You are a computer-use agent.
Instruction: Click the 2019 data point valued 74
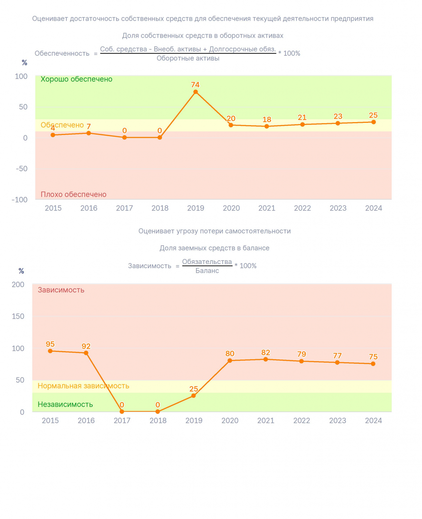[195, 92]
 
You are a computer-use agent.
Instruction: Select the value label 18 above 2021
[267, 119]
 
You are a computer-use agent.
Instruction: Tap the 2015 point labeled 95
[50, 351]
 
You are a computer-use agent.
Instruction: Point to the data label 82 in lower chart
[265, 352]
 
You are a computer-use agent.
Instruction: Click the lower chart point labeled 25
[193, 395]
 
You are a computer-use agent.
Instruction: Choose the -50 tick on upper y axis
[22, 169]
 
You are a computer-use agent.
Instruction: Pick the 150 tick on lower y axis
[18, 316]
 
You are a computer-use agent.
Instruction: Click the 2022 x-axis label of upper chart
[302, 208]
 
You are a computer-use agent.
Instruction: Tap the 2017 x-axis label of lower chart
[122, 420]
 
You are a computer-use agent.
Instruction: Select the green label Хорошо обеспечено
[76, 79]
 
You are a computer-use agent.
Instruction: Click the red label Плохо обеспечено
[74, 194]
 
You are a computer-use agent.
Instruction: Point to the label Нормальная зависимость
[83, 386]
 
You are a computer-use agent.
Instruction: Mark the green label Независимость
[65, 404]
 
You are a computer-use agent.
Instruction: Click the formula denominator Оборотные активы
[188, 58]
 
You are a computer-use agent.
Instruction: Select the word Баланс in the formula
[207, 271]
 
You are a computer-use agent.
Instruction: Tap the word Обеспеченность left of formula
[62, 53]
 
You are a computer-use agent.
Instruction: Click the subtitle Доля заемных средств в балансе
[214, 248]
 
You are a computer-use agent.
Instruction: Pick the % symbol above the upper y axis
[24, 63]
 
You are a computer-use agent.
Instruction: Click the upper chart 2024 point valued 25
[373, 122]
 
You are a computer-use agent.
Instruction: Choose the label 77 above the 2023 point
[337, 355]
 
